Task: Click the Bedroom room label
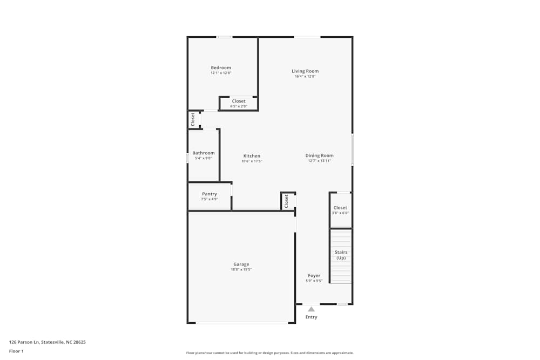click(x=220, y=68)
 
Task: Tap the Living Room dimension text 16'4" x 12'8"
click(x=305, y=77)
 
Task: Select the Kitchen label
click(x=252, y=156)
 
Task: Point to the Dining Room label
click(x=319, y=155)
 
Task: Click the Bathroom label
click(x=203, y=153)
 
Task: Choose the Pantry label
click(x=210, y=194)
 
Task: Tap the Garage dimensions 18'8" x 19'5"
click(x=241, y=269)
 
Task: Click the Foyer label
click(x=314, y=276)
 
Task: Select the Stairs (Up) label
click(x=341, y=255)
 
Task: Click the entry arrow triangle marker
click(x=311, y=309)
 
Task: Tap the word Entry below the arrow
click(x=311, y=317)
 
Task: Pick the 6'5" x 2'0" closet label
click(x=238, y=104)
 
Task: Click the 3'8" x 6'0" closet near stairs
click(x=340, y=210)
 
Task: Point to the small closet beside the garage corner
click(x=287, y=201)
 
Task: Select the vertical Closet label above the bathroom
click(x=193, y=119)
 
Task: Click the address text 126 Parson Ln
click(x=48, y=342)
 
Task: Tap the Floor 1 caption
click(x=16, y=351)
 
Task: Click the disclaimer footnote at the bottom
click(x=270, y=353)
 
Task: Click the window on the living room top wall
click(x=307, y=37)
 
